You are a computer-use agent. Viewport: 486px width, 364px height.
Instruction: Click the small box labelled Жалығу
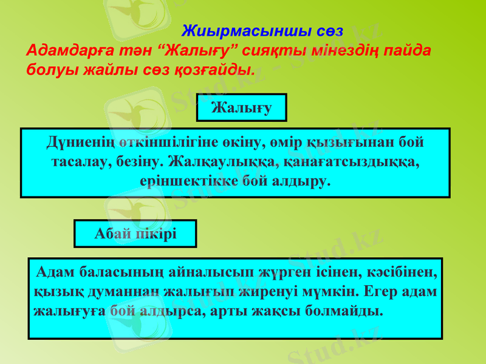tap(241, 107)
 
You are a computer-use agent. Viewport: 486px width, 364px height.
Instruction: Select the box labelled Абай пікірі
tap(135, 234)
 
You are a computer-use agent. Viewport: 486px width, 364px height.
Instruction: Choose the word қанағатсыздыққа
tap(352, 163)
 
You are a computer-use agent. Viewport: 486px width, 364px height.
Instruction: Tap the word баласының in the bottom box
tap(113, 272)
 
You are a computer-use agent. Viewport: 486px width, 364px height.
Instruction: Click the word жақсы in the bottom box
tap(282, 311)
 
